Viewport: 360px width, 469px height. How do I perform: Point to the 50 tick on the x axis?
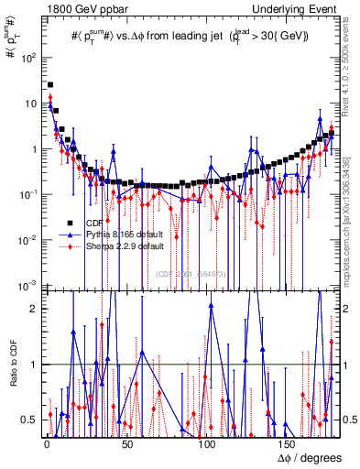click(125, 446)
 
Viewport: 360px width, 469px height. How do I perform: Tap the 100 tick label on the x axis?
click(206, 446)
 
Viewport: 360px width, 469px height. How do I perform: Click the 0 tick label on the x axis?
click(45, 446)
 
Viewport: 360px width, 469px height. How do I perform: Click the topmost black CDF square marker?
click(49, 85)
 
